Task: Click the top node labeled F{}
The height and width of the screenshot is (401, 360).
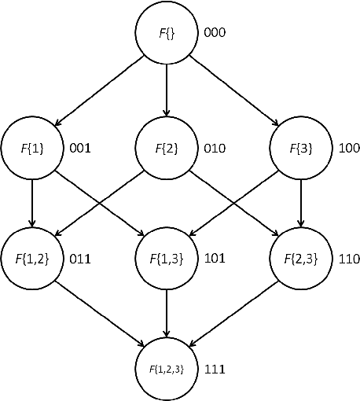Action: [x=166, y=34]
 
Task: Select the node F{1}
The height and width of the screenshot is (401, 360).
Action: [x=31, y=146]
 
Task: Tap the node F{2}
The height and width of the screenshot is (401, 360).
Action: [x=166, y=146]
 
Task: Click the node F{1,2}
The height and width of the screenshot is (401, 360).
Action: [x=31, y=257]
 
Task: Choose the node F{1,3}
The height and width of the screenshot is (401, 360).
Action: [x=166, y=257]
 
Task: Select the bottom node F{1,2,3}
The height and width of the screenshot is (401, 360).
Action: [x=166, y=367]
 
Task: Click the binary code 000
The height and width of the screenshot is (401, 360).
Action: [x=215, y=34]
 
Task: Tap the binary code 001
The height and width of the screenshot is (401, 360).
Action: [x=82, y=147]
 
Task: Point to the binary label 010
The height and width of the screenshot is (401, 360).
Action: [x=215, y=147]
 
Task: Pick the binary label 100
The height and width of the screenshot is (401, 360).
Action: [x=349, y=147]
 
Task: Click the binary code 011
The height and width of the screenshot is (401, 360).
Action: [x=82, y=258]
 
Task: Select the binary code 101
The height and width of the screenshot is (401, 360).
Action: [x=215, y=258]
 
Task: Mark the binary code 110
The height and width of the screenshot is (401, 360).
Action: [x=349, y=258]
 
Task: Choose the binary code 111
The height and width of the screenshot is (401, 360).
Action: [x=215, y=368]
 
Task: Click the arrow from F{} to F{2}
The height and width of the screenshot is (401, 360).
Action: [x=166, y=90]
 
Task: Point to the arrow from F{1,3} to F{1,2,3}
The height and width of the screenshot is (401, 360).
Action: [x=166, y=312]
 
